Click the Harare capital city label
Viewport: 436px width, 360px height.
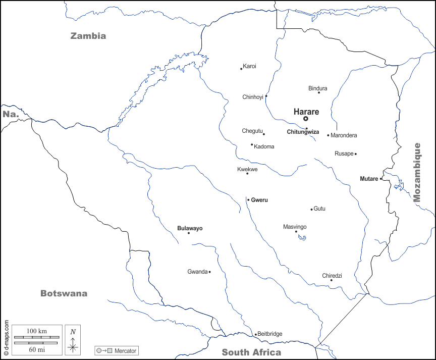point(306,112)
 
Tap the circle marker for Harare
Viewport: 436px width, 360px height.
point(306,119)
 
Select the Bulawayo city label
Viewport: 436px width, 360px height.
point(190,228)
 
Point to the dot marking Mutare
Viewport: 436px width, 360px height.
point(381,179)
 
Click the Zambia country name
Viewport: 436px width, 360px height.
point(88,36)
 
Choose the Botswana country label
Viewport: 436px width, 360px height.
point(64,293)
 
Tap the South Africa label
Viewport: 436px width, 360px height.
point(251,352)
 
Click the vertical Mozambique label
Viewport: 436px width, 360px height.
point(417,172)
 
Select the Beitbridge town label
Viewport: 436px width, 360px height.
point(270,334)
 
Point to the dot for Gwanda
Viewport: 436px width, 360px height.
point(209,272)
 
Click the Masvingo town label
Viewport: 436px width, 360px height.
point(295,227)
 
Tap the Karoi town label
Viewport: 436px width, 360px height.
point(249,66)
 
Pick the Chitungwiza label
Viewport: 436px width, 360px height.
point(303,132)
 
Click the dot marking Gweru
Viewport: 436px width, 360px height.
point(248,200)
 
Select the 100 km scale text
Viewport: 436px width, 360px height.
point(36,331)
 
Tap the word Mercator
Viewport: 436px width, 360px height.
point(126,350)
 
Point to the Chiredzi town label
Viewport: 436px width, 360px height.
point(332,276)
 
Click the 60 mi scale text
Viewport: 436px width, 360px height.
point(36,349)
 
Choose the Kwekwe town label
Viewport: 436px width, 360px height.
point(247,169)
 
